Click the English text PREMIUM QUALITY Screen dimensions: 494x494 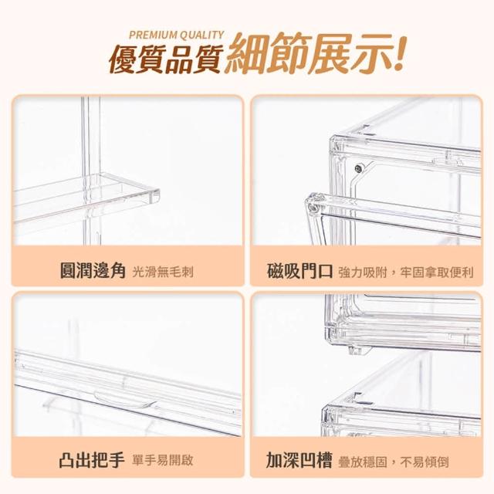[x=177, y=35]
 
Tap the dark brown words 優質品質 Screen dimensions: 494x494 [x=166, y=59]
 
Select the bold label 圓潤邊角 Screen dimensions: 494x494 [x=93, y=271]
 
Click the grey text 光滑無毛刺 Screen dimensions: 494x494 [x=163, y=272]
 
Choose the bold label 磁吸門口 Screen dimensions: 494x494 [x=299, y=271]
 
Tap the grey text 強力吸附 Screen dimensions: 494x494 [x=363, y=272]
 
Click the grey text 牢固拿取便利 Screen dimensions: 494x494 [x=437, y=272]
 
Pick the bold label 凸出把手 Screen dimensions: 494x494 [x=92, y=460]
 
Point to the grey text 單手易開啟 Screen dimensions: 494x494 [x=163, y=461]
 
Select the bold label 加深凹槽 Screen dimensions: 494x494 [x=299, y=460]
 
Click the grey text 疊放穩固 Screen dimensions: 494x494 [x=362, y=462]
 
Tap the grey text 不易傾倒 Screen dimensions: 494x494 [x=425, y=462]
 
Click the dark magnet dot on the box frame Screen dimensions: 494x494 [x=358, y=169]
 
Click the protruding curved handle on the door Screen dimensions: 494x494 [x=125, y=398]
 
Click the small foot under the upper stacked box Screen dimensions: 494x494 [x=359, y=350]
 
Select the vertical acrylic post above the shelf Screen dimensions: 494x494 [x=91, y=136]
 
